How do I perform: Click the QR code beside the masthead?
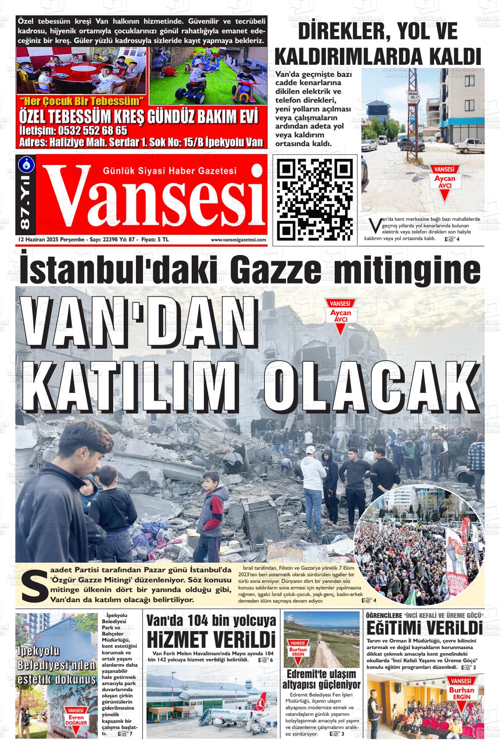[315, 199]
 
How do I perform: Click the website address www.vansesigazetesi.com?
[238, 240]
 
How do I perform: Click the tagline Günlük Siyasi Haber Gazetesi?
[169, 171]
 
